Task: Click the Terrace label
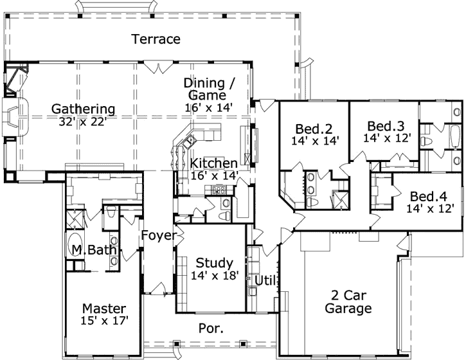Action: point(156,39)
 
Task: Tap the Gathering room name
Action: point(84,109)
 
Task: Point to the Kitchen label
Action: point(213,163)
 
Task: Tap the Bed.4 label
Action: point(429,196)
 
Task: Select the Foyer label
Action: point(158,235)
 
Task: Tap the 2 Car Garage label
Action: point(347,301)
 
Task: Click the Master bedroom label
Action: point(104,308)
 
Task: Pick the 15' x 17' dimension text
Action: point(105,319)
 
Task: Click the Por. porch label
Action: point(211,328)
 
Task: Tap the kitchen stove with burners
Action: point(217,190)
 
